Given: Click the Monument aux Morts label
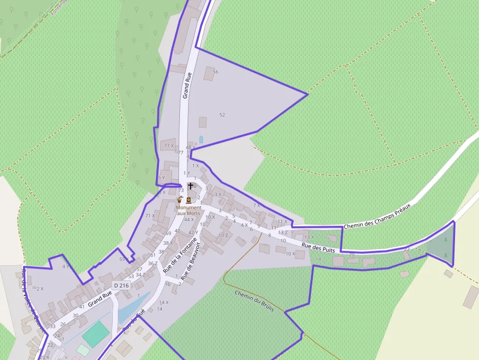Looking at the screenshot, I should tap(188, 211).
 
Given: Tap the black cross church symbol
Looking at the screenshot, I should tap(191, 186).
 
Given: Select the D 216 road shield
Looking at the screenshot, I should tap(121, 285).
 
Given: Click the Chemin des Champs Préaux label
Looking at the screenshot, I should tap(376, 217).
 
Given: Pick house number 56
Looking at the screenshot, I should tap(216, 72).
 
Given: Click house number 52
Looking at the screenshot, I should tap(222, 115).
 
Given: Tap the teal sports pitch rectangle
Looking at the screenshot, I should tap(96, 335).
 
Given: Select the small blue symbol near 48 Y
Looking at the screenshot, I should tap(201, 139).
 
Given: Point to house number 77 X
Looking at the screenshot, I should tap(169, 146).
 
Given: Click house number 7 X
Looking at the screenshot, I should tap(257, 206).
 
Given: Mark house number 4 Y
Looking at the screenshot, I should tap(66, 267).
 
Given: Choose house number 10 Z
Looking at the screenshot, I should tap(223, 235).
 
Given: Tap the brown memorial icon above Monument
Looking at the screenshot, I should tap(189, 200).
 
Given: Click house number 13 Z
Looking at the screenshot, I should tap(283, 233).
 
